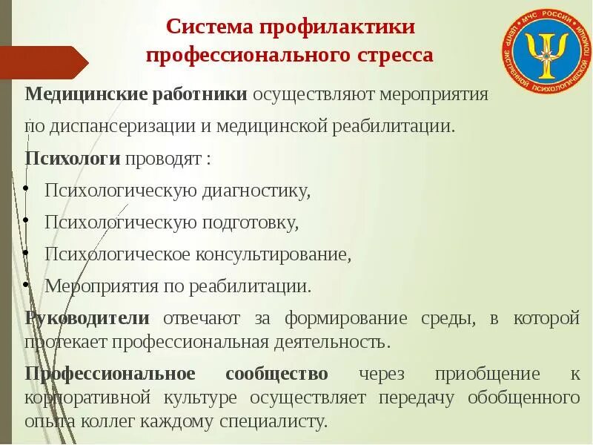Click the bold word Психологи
coord(73,158)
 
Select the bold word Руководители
coord(87,318)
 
